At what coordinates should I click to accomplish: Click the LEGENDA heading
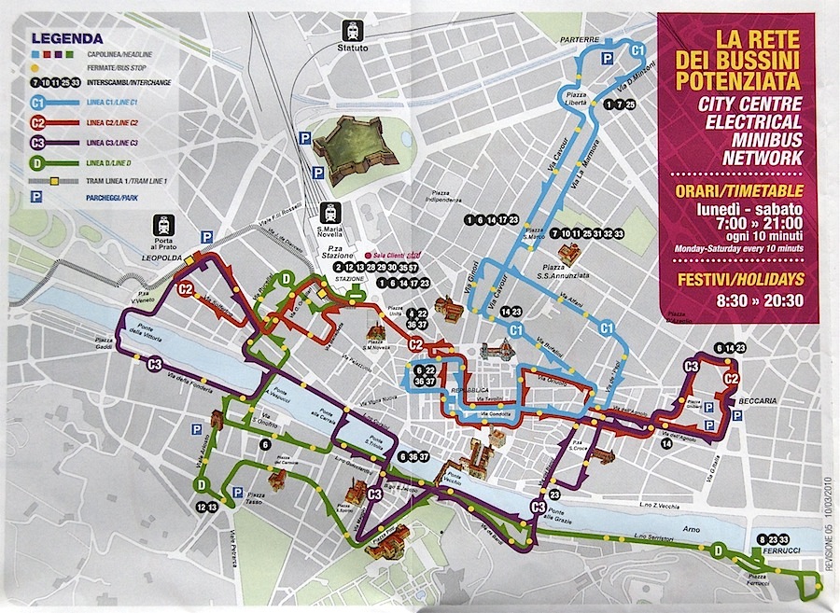[66, 38]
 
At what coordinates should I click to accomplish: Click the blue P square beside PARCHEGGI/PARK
[35, 197]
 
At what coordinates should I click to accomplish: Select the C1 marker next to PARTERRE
[638, 49]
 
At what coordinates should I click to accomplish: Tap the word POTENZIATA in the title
[741, 79]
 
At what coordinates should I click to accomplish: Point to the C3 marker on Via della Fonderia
[154, 364]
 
